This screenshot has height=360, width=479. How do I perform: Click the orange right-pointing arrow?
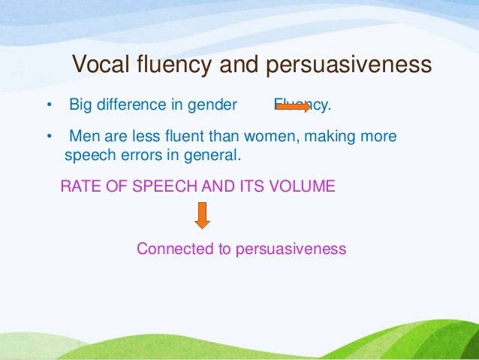tap(293, 107)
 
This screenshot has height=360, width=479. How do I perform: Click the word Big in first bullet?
tap(80, 105)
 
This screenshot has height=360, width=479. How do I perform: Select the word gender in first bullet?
tap(212, 105)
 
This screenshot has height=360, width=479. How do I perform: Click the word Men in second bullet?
tap(83, 137)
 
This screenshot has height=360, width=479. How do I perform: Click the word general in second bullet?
tap(217, 156)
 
